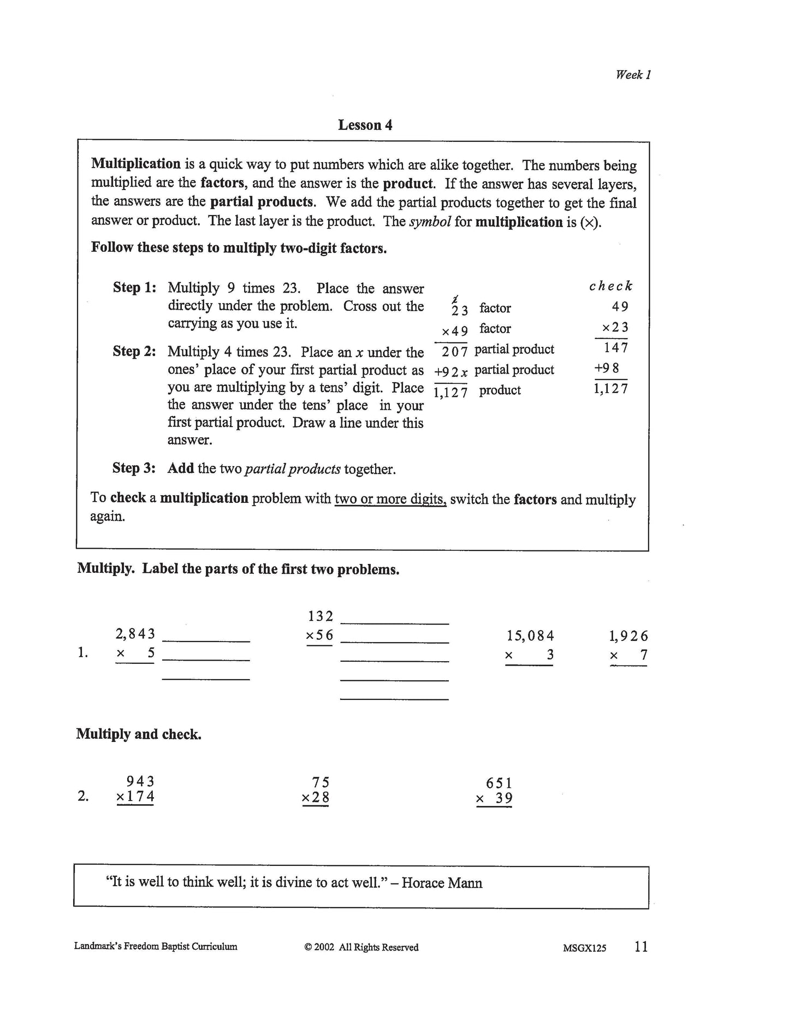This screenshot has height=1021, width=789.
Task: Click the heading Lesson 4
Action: click(365, 125)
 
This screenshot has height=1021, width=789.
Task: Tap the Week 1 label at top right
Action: click(633, 75)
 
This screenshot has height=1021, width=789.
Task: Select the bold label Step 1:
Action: click(134, 287)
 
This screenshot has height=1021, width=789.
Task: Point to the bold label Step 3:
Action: click(134, 468)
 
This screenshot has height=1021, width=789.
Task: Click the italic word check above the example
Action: click(610, 286)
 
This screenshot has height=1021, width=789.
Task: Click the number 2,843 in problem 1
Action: click(135, 634)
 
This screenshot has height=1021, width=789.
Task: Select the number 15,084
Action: click(530, 636)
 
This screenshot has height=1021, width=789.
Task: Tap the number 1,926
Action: click(628, 636)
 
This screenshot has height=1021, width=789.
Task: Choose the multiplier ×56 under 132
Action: click(319, 636)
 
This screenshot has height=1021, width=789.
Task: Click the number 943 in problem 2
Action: click(140, 781)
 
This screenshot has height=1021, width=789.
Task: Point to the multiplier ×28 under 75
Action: click(316, 798)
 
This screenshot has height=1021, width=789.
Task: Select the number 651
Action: click(499, 783)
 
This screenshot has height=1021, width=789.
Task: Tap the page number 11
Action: click(641, 946)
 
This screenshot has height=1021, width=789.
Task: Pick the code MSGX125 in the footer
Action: click(584, 948)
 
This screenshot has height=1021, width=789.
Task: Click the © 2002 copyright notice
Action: click(361, 947)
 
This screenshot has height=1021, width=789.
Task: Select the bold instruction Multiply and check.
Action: click(139, 734)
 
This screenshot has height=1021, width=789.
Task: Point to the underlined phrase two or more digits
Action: click(390, 499)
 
